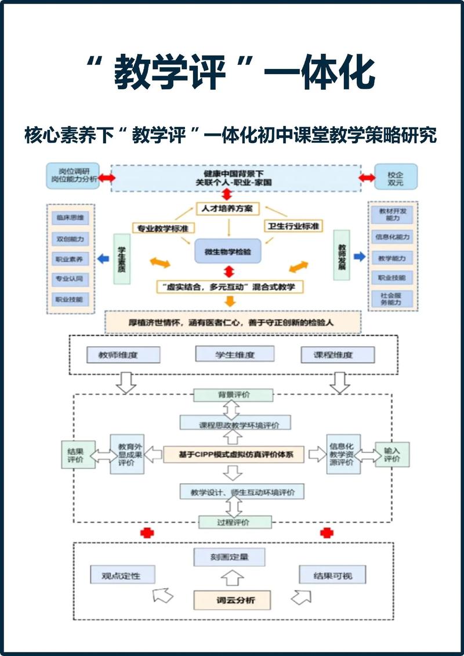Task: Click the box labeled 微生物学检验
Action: pos(228,251)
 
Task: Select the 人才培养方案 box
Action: pos(227,208)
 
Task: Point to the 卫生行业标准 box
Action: pos(293,226)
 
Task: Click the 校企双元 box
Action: pos(396,177)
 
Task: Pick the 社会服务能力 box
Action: pos(393,299)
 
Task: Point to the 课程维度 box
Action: pos(338,354)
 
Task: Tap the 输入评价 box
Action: pos(392,454)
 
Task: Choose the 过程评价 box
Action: pos(234,522)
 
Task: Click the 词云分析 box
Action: pos(233,599)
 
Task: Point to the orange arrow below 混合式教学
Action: pos(230,301)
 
